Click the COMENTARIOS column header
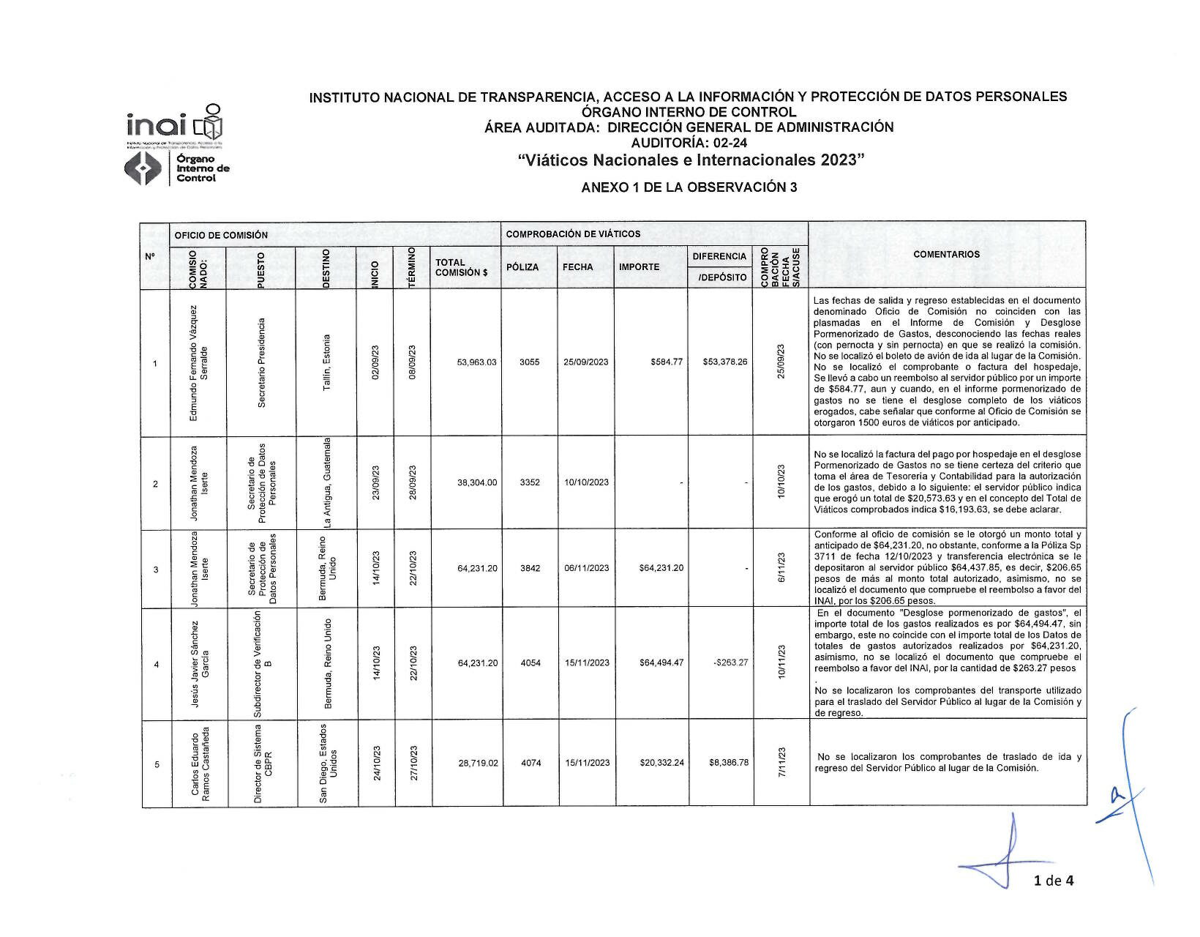946,255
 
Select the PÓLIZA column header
522,267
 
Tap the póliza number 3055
529,362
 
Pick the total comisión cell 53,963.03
476,362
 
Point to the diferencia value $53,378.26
724,362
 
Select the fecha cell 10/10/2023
586,482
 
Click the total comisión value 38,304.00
476,482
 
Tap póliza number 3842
530,568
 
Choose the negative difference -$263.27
730,663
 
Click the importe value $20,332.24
661,763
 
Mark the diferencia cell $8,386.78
728,763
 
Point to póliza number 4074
530,763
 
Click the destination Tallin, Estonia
326,363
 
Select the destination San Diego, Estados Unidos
327,763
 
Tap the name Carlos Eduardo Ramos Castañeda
200,763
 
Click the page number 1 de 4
1054,881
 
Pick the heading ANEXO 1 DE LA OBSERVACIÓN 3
689,187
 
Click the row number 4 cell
156,665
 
